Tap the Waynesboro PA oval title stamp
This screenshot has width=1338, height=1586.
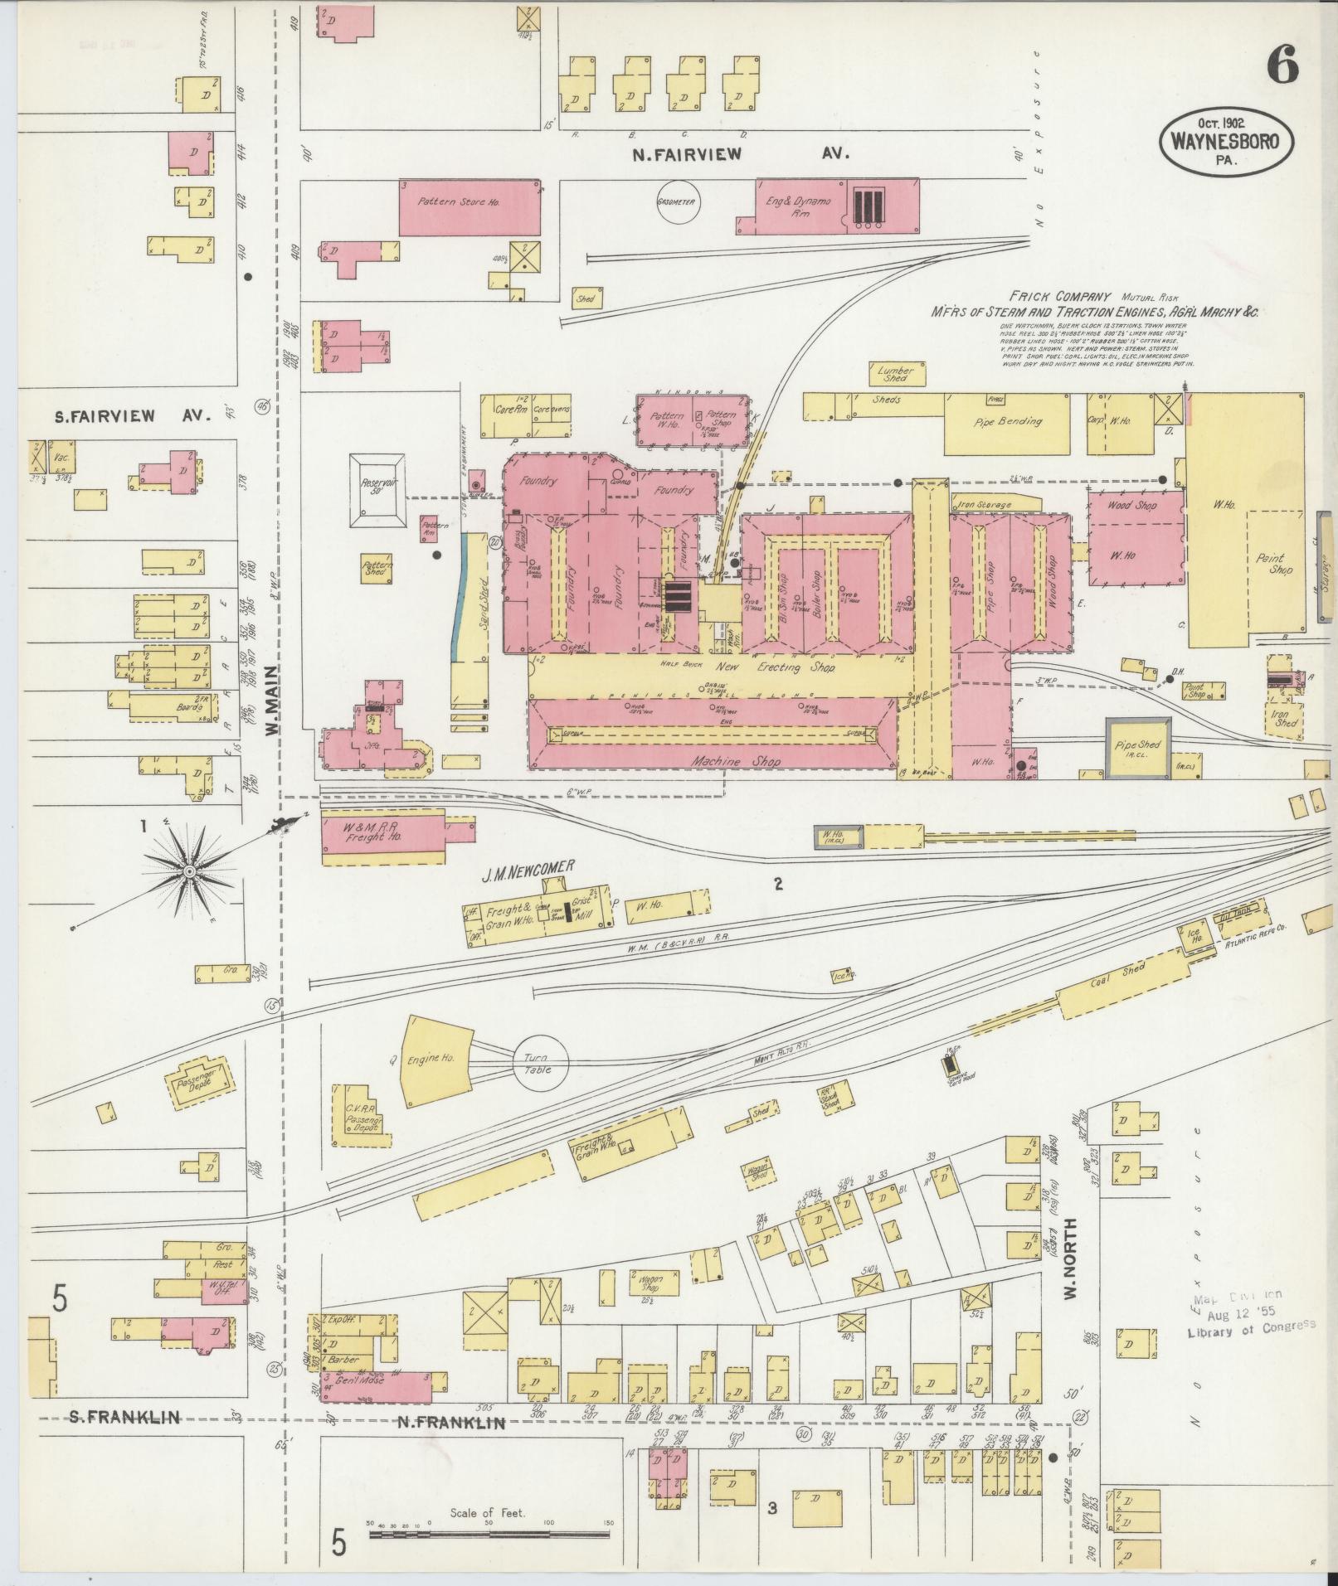click(1224, 142)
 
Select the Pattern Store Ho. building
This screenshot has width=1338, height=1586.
click(470, 206)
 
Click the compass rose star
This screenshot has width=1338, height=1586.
click(189, 871)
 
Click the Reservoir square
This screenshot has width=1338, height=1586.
click(377, 490)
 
